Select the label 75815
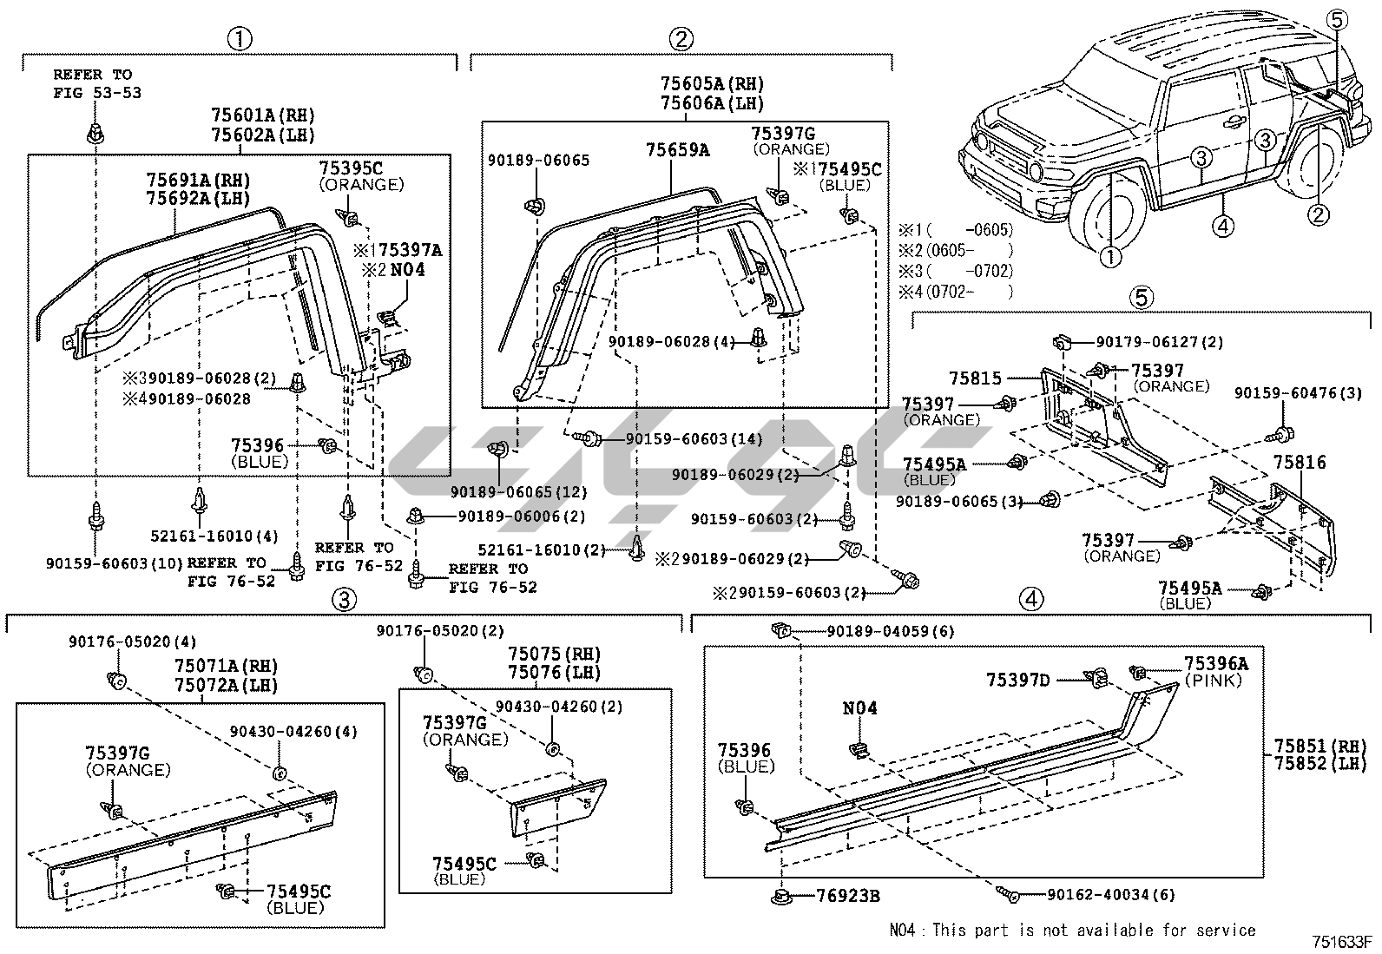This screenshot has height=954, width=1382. [975, 378]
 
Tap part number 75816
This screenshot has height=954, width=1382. [1300, 463]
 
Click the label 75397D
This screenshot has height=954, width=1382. [1017, 680]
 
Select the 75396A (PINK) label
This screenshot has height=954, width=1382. [1215, 671]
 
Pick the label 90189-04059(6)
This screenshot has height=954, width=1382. [890, 631]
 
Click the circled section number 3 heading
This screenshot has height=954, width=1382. [344, 599]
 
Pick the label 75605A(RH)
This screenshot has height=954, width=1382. [711, 84]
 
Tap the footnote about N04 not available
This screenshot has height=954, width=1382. [1072, 930]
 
